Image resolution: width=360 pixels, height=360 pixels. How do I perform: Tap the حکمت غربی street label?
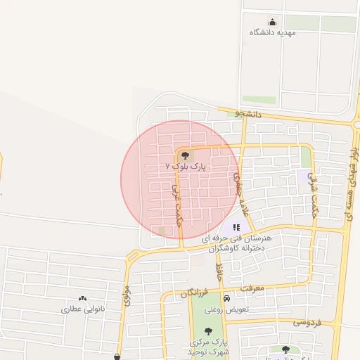[176, 203]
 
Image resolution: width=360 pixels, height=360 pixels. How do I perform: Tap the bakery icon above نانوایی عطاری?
[83, 299]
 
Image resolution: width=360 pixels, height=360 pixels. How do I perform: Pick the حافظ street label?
[219, 271]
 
